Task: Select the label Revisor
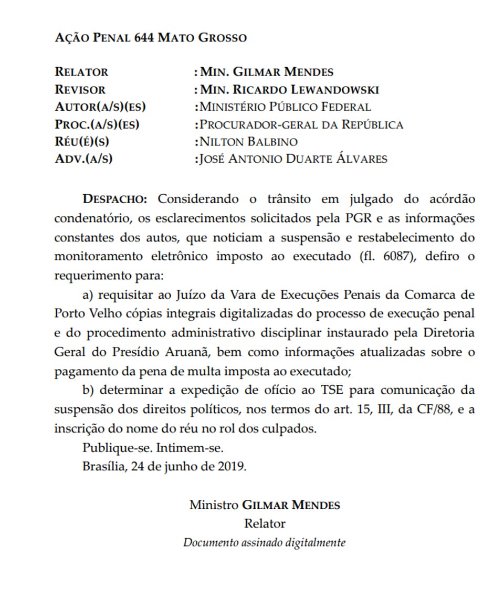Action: click(80, 89)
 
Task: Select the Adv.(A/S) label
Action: click(83, 159)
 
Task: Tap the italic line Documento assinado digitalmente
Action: click(264, 542)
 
